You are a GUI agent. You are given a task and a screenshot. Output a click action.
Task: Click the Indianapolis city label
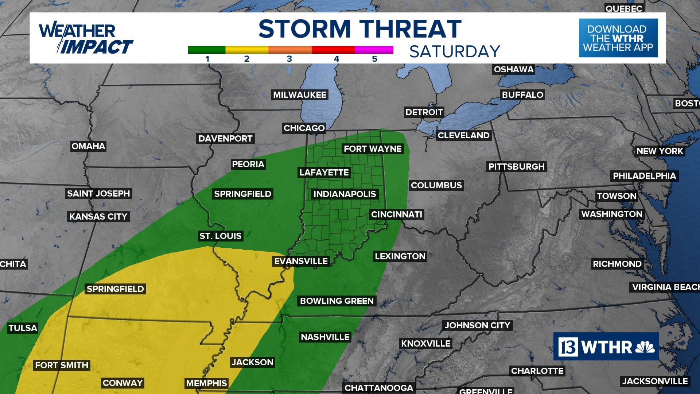click(345, 194)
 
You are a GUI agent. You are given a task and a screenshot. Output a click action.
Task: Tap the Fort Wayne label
click(373, 149)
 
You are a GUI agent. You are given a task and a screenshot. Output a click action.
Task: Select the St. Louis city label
click(220, 236)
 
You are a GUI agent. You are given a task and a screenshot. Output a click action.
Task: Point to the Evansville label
click(301, 261)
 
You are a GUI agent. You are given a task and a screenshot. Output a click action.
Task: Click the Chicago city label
click(304, 128)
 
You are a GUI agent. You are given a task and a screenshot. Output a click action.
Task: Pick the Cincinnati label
click(397, 215)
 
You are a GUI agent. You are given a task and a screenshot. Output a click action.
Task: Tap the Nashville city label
click(325, 337)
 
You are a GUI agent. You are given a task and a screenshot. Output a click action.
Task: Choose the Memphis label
click(206, 383)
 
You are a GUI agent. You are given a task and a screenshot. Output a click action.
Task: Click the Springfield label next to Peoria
click(242, 194)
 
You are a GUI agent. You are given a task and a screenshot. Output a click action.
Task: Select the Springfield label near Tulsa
click(115, 289)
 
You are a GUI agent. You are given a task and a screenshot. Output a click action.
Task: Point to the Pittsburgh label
click(516, 167)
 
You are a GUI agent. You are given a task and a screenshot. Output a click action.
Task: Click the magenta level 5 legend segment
click(374, 50)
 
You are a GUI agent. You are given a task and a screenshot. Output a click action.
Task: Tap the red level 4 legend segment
click(333, 50)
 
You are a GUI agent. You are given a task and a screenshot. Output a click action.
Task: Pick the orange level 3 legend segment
click(290, 50)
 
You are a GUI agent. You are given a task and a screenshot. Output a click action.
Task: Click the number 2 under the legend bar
click(247, 59)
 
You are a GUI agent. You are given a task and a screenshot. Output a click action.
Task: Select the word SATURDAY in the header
click(455, 51)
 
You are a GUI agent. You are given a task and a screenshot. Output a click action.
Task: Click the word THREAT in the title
click(411, 29)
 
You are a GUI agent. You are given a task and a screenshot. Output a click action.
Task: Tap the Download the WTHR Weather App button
click(618, 38)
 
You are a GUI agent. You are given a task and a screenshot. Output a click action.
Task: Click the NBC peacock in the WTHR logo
click(645, 347)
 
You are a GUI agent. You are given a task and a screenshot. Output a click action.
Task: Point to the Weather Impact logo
click(86, 39)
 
